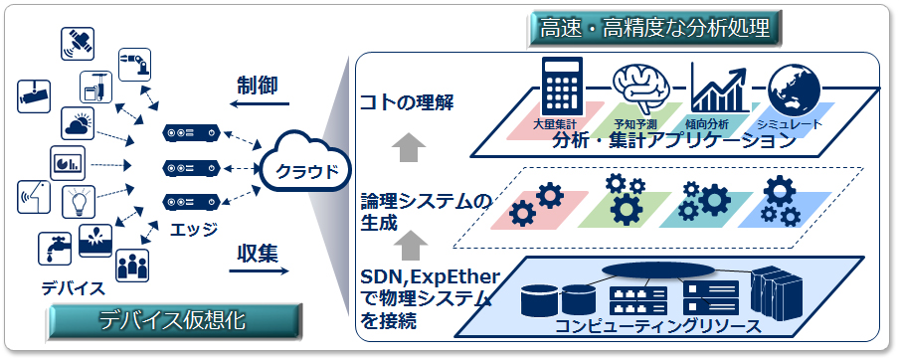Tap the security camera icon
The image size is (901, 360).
point(33,95)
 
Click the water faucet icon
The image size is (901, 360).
point(53,246)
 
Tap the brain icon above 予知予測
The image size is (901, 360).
point(638,89)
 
